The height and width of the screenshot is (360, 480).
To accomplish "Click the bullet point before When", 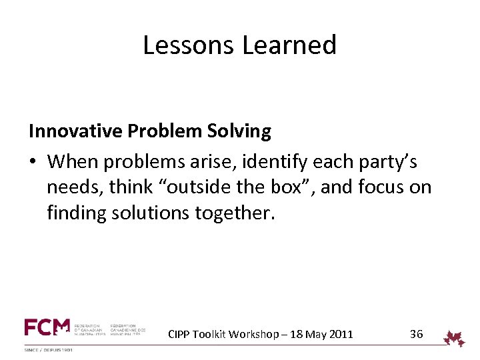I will [33, 162].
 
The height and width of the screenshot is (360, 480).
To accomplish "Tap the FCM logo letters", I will [47, 327].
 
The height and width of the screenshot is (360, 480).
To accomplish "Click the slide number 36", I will [416, 334].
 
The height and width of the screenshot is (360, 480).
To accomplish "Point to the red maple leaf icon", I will [455, 339].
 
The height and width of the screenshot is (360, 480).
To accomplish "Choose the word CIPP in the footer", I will [179, 335].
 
